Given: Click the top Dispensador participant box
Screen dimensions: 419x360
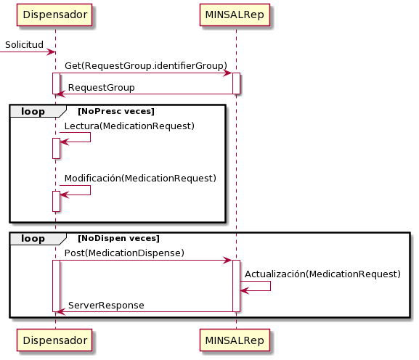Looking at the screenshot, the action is point(54,15).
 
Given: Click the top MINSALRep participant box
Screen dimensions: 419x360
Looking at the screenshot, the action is point(235,15).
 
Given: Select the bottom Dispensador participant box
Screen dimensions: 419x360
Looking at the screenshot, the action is point(54,340).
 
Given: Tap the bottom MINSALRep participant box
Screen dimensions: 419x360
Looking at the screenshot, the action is point(235,340).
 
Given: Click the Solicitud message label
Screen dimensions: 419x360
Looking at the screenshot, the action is point(24,44).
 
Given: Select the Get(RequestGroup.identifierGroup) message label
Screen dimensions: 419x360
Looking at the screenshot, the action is point(146,66).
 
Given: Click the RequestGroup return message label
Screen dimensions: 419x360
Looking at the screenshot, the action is point(102,88).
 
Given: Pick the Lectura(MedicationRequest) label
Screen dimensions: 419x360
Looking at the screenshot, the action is point(129,126).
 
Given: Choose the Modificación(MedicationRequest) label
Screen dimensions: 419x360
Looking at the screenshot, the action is point(141,179).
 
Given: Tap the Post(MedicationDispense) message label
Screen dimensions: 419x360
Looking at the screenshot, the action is point(124,253).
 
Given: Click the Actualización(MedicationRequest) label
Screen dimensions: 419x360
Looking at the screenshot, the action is point(323,274).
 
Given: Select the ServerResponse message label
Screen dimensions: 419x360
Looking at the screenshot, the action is point(106,306).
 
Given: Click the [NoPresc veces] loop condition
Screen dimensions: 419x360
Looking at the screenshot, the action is point(116,111).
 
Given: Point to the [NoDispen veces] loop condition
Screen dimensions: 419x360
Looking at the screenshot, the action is point(118,239).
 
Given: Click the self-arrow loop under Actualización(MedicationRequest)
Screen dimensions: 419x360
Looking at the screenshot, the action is point(270,286).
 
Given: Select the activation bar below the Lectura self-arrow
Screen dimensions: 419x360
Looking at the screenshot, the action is point(56,149).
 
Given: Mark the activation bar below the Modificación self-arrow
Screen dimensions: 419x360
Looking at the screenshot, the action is point(56,201).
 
